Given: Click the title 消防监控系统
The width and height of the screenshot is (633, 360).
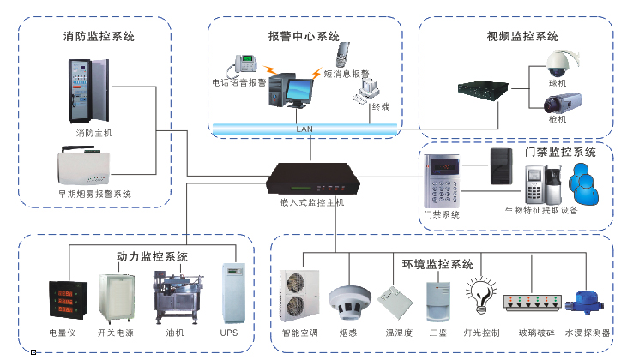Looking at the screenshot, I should pos(99,38).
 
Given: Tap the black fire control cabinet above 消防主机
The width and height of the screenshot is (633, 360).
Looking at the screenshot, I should pos(89,89).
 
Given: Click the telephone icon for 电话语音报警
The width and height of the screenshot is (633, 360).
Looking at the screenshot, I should pos(248,64).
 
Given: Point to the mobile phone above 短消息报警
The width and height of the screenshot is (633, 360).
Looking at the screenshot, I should pos(345,56).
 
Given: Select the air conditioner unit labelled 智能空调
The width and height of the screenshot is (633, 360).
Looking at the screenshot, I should pos(300,297).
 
